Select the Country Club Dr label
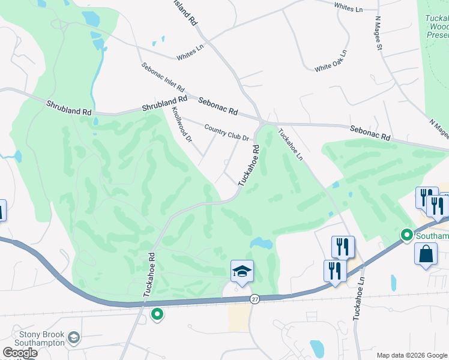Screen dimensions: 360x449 point(226,132)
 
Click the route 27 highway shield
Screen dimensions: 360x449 point(255,299)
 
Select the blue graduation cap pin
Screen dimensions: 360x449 point(242,272)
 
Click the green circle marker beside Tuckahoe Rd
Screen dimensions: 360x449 point(157,314)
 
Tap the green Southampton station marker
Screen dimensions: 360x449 point(406,235)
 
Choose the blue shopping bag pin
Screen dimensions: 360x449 point(426,253)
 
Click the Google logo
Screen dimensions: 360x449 point(20,353)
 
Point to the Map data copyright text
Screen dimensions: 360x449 point(411,355)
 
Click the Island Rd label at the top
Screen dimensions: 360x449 point(186,12)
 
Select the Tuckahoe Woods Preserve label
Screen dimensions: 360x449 point(437,26)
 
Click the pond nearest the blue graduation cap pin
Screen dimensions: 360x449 point(262,243)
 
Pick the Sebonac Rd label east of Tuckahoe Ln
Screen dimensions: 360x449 point(370,133)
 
